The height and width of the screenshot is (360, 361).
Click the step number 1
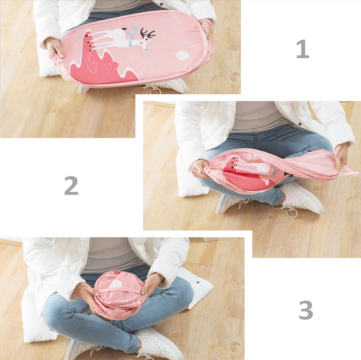[x=302, y=49]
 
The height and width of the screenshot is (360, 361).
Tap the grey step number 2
[x=71, y=185]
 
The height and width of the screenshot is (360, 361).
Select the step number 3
[x=306, y=310]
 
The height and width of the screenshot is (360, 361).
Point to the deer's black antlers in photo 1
[x=148, y=33]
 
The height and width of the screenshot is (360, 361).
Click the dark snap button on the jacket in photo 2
[x=300, y=124]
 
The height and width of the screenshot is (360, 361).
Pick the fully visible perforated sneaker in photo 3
[x=159, y=343]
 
